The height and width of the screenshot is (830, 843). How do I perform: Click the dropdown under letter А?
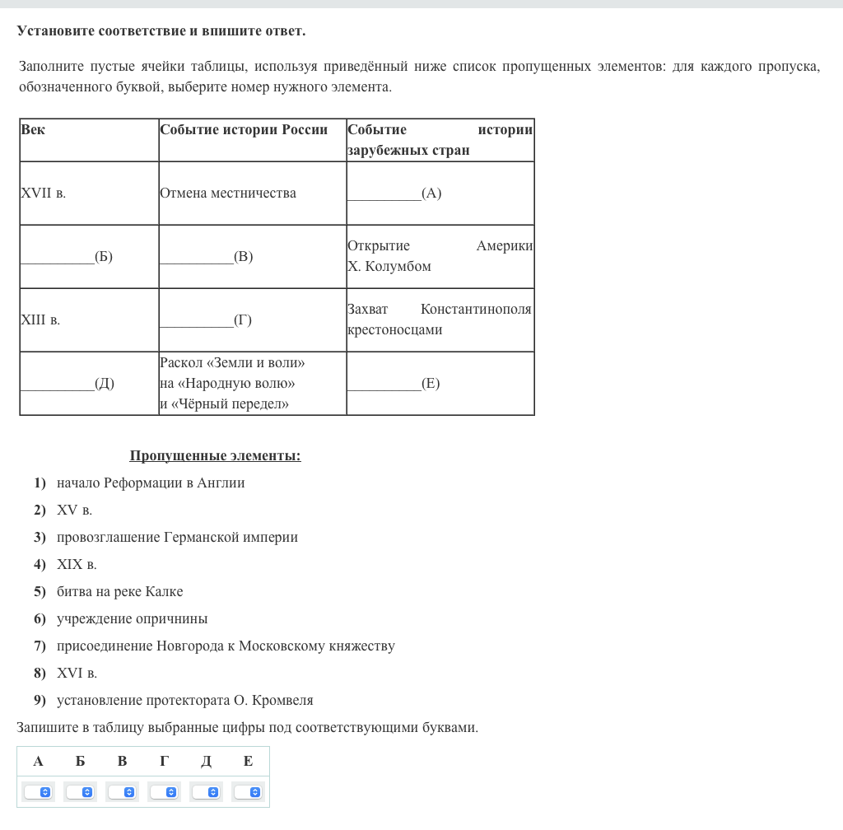click(38, 792)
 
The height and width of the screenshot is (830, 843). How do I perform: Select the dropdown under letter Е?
click(248, 792)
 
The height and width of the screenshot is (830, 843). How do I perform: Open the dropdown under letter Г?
click(164, 792)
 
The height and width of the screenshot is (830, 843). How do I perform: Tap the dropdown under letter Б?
click(80, 792)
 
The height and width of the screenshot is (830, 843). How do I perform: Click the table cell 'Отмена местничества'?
click(228, 194)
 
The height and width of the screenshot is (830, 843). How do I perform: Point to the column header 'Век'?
click(34, 130)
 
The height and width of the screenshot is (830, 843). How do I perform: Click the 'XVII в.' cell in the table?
click(44, 194)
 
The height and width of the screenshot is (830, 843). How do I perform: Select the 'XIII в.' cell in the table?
click(40, 320)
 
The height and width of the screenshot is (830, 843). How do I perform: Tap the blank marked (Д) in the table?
click(68, 384)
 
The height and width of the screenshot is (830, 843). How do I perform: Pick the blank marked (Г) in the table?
click(206, 320)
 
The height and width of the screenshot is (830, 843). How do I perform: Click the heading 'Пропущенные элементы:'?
click(215, 456)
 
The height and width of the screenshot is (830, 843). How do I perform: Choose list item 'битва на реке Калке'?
click(119, 592)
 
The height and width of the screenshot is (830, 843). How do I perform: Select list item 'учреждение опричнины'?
click(132, 619)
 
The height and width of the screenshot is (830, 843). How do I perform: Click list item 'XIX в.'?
click(77, 565)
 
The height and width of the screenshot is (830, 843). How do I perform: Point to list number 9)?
click(40, 701)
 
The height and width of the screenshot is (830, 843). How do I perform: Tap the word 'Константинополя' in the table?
click(476, 310)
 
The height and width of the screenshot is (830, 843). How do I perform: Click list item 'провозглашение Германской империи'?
click(177, 538)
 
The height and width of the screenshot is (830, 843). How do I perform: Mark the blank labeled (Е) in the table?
click(394, 384)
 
